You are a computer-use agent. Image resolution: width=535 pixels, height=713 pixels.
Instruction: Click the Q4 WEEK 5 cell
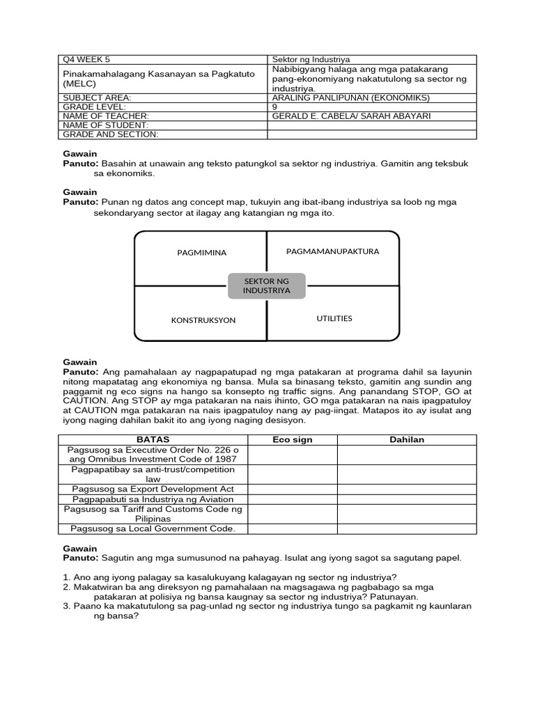coord(86,60)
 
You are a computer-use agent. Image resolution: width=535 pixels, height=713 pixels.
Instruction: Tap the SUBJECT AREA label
coord(97,98)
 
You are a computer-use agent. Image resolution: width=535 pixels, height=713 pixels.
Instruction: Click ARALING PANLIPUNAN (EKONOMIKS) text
coord(351,98)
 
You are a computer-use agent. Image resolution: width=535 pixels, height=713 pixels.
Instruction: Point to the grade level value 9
coord(274,107)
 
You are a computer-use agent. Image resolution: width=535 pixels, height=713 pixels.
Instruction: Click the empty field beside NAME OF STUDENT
coord(371,125)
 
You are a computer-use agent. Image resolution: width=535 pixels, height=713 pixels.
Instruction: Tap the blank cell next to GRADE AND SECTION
coord(371,134)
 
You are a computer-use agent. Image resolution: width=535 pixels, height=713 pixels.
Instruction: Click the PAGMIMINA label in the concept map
coord(202,253)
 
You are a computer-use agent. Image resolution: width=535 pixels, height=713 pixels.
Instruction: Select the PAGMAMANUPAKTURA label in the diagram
coord(333,251)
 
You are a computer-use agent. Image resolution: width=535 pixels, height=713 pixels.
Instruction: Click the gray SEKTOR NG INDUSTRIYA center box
coord(266,285)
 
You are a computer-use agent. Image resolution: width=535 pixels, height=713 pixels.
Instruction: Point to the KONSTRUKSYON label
coord(203,320)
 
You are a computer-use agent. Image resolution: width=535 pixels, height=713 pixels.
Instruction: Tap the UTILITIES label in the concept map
coord(334,318)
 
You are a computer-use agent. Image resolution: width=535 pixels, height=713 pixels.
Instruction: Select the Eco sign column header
coord(293,440)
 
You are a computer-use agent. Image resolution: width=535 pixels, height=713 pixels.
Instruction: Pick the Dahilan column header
coord(407,440)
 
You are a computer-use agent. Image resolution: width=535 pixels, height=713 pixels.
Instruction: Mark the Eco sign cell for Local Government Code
coord(293,529)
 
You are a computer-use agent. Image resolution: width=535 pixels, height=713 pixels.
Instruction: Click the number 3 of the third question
coord(65,606)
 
